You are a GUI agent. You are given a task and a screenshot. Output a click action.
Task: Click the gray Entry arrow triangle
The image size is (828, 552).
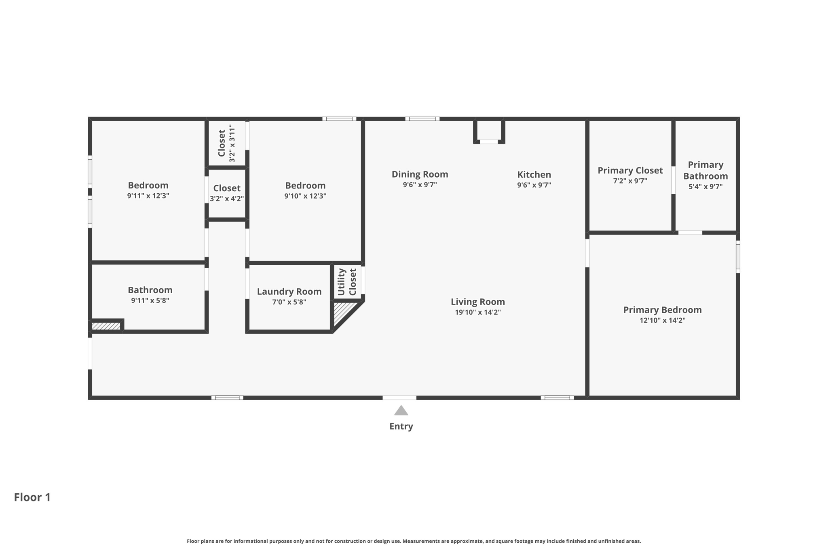[401, 411]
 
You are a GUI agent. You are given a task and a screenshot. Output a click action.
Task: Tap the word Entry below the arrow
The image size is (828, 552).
[401, 426]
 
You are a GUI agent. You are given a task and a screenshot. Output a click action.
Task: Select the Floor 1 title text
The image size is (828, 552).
[32, 497]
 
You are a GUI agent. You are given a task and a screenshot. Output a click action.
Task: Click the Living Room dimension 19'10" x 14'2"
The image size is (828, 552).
[477, 312]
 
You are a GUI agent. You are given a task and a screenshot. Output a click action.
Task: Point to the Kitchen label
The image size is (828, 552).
[534, 174]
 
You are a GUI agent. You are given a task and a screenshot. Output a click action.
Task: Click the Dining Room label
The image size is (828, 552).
[420, 174]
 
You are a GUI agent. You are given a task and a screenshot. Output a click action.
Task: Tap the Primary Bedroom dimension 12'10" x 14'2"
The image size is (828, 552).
[662, 320]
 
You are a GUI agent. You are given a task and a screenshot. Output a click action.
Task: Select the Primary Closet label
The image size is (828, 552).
[630, 170]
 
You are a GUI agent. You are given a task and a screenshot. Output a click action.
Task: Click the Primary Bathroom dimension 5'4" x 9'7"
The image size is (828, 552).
[705, 186]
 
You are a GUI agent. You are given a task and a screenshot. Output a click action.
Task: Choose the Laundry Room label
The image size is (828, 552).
[289, 291]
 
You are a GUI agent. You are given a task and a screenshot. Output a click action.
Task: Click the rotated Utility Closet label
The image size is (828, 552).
[347, 282]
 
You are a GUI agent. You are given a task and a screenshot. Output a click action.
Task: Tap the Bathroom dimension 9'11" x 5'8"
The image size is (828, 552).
[150, 300]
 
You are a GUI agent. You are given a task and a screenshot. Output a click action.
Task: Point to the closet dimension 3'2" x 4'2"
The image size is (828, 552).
[226, 199]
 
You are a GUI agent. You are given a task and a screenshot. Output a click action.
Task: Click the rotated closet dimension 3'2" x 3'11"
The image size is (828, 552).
[232, 143]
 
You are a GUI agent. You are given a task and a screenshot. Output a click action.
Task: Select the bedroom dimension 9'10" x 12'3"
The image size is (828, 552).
[305, 196]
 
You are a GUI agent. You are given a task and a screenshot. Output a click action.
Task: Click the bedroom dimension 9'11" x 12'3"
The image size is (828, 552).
[148, 196]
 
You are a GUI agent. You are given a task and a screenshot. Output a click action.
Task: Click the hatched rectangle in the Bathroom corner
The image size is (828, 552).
[106, 326]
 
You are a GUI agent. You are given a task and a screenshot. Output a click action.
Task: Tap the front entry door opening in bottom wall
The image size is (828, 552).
[399, 398]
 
